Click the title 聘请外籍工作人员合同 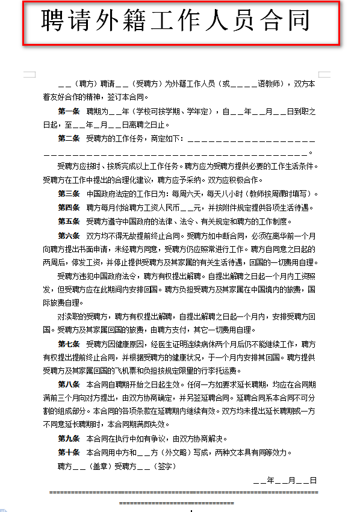(x=176, y=22)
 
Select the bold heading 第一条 (x=69, y=112)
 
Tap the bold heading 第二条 (x=69, y=139)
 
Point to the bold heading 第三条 (x=69, y=194)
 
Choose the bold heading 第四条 (x=69, y=208)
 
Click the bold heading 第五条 (x=69, y=221)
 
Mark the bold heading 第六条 (x=69, y=235)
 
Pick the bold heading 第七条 (x=69, y=344)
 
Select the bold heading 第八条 (x=69, y=384)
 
